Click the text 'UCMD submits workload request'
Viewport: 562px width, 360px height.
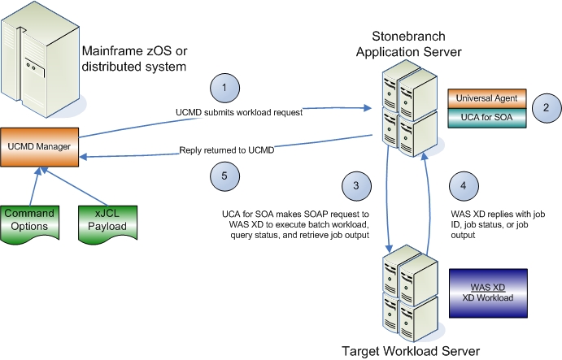click(x=239, y=113)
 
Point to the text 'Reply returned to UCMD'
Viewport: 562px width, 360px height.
click(x=229, y=149)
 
